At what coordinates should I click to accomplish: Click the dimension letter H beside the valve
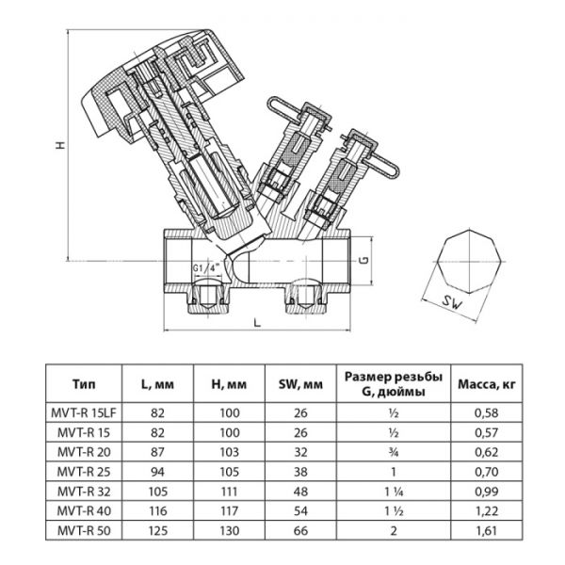(58, 147)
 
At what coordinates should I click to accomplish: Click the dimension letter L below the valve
(256, 322)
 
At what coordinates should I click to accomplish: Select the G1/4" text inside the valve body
(207, 268)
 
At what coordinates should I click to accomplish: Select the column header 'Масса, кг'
(486, 384)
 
